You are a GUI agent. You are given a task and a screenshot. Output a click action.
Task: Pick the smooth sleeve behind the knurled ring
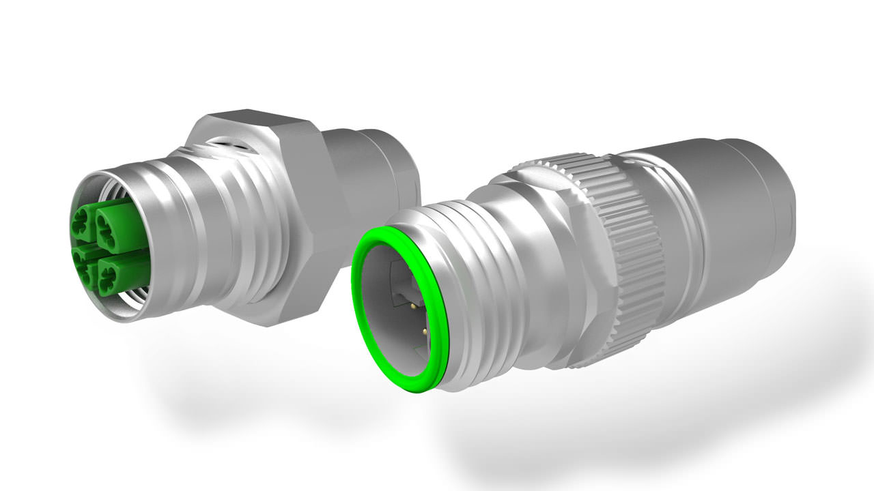point(690,225)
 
